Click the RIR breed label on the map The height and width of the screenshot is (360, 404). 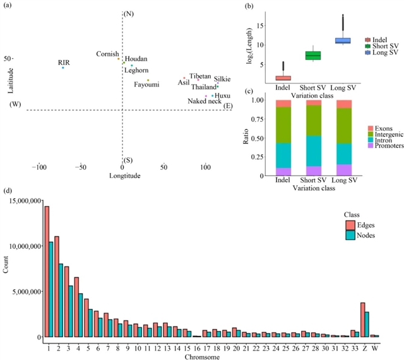point(64,62)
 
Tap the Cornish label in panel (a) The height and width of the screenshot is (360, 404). point(107,54)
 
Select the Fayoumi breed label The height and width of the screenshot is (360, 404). point(146,85)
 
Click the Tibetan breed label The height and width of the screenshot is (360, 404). point(200,76)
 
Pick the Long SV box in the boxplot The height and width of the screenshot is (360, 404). point(343,40)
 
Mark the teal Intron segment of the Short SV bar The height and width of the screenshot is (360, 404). point(314,151)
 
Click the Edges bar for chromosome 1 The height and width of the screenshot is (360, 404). point(47,272)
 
